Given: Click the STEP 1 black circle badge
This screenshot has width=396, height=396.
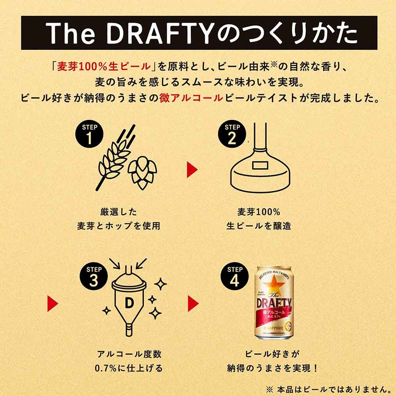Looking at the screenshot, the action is point(89,134).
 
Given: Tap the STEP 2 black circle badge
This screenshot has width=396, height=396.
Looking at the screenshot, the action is point(232,134).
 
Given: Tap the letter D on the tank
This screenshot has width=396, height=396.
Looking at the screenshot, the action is point(129,303).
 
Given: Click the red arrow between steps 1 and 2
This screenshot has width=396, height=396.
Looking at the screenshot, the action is point(192,170).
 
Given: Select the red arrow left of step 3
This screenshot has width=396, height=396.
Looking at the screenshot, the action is point(53,304).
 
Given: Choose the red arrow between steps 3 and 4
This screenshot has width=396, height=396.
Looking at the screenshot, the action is point(193,304).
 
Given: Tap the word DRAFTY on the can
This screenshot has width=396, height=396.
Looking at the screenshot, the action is point(274,303).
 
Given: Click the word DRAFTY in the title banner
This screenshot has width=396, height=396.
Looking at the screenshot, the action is point(160,33).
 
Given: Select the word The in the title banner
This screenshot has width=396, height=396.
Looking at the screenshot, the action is point(70,33).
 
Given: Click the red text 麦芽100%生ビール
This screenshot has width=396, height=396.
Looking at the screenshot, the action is point(103,67).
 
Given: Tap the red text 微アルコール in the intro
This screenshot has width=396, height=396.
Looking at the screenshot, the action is point(191,98).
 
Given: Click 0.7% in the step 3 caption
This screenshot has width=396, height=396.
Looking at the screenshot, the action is point(106,368).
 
